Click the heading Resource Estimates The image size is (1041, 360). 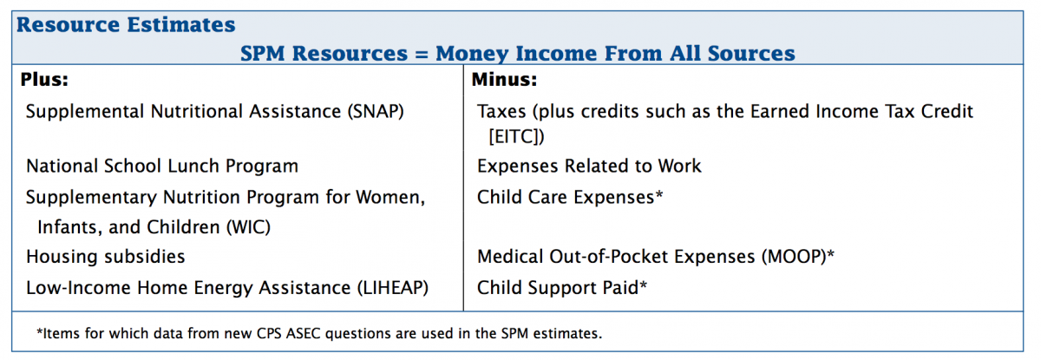click(126, 25)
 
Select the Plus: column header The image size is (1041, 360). click(45, 80)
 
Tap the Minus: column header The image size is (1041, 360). click(505, 80)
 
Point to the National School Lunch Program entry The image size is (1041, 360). click(162, 166)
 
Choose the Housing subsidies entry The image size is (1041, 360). click(105, 257)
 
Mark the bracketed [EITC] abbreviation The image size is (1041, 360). click(517, 136)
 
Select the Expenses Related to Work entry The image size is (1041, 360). click(589, 166)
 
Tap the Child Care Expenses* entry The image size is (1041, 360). click(570, 197)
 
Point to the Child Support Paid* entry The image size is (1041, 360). click(562, 287)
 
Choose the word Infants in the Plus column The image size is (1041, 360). click(66, 227)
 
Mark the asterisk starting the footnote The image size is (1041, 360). click(40, 331)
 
